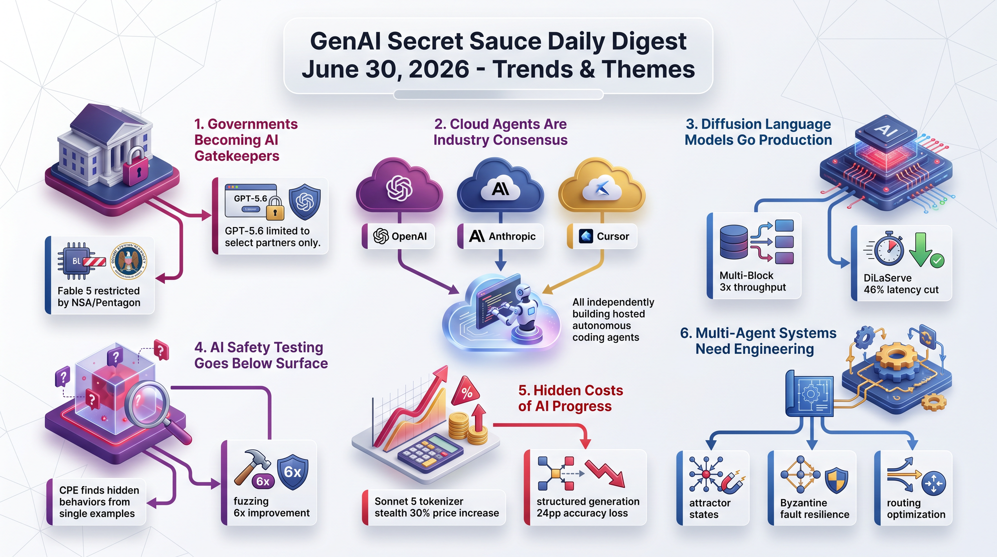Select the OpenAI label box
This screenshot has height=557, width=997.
pos(398,236)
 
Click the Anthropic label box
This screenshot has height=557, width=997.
pos(500,236)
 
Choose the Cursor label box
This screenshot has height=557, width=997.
pos(602,236)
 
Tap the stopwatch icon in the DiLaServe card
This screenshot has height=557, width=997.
pos(888,248)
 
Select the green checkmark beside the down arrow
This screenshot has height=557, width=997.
pos(937,261)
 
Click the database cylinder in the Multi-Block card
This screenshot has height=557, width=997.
pos(734,242)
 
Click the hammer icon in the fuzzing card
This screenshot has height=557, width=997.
pos(251,467)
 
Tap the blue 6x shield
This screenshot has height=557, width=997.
pos(293,472)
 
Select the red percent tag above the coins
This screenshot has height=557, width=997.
pos(466,391)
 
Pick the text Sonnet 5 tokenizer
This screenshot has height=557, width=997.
pos(419,501)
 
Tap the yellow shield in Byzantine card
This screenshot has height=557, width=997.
pos(836,481)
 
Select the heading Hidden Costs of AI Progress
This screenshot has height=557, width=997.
pos(570,398)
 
